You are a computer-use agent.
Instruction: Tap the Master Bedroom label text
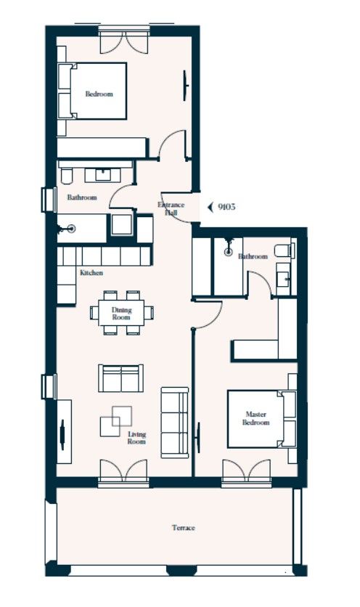point(255,418)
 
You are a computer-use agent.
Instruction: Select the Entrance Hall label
point(171,209)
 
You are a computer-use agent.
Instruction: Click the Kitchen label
point(91,273)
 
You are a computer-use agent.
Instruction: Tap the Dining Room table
point(121,313)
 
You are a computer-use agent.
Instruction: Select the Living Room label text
point(136,438)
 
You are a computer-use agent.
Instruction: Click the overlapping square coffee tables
point(116,418)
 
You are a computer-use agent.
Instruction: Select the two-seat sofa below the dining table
point(121,378)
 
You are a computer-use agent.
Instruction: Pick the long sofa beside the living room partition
point(174,422)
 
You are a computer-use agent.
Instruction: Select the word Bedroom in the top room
point(99,94)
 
